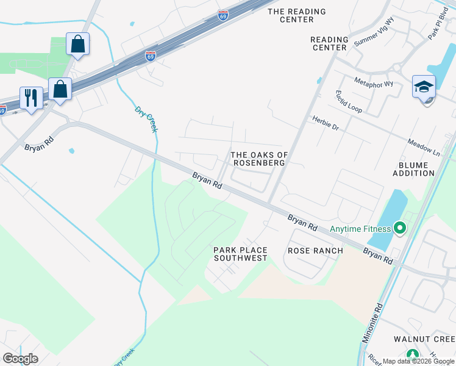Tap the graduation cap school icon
[424, 88]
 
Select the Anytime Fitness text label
[360, 229]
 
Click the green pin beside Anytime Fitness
[400, 229]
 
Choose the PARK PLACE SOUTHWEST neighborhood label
[240, 254]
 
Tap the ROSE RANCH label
[315, 250]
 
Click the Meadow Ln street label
[424, 148]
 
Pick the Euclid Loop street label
[348, 101]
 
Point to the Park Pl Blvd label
[438, 28]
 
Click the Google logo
[20, 358]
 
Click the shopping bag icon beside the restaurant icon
[60, 89]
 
